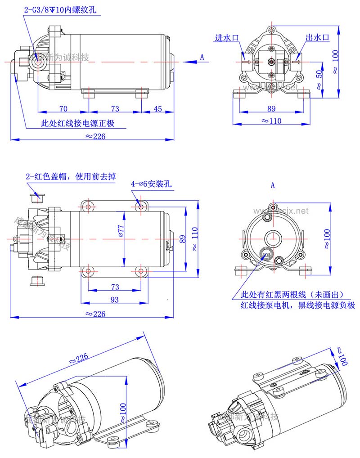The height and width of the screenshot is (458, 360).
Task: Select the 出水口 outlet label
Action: (x=318, y=38)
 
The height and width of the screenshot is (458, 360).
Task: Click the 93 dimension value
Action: (x=114, y=300)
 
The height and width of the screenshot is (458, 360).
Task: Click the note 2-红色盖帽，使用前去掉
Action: (x=71, y=176)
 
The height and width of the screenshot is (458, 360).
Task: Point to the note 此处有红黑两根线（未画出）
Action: (x=292, y=295)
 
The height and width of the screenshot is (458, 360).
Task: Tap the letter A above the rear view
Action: (x=273, y=185)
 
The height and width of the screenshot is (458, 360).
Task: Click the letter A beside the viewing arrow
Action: (x=202, y=57)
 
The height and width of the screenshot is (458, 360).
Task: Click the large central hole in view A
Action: (x=272, y=237)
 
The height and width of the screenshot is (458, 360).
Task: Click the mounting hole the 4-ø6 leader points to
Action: (x=141, y=207)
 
